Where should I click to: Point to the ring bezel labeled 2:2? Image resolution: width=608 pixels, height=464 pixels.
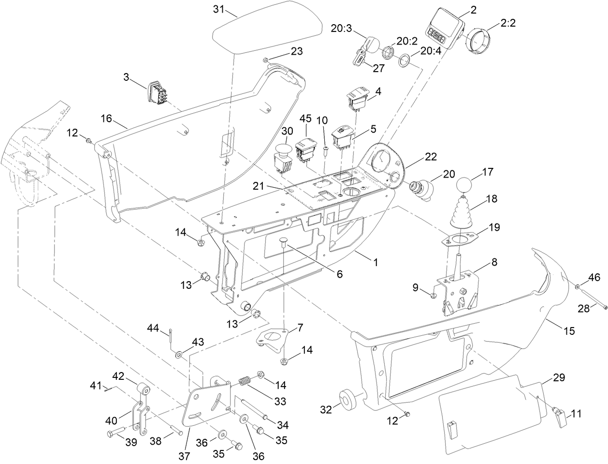[x=478, y=41]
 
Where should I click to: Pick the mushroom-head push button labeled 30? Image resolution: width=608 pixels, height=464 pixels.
[x=283, y=153]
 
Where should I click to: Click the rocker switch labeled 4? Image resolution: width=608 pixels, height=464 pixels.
[x=358, y=99]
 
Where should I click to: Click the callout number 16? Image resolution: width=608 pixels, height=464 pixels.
[x=107, y=118]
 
